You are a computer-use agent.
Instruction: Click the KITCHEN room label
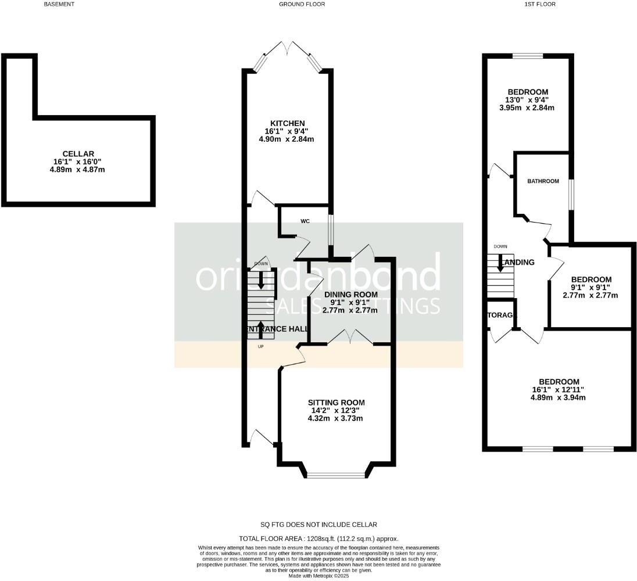[x=287, y=123]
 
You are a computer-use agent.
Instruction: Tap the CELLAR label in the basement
[x=78, y=153]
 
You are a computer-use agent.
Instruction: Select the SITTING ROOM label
[x=336, y=402]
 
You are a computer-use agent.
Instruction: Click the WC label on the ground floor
[x=305, y=221]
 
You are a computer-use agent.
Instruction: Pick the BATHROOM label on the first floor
[x=543, y=181]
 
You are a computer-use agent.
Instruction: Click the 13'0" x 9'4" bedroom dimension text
[x=528, y=100]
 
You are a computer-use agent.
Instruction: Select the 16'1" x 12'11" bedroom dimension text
[x=557, y=389]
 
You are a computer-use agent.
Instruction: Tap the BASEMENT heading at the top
[x=59, y=4]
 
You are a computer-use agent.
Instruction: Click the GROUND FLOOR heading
[x=302, y=4]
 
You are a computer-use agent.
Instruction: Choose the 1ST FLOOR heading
[x=540, y=4]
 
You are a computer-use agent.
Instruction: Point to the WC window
[x=331, y=231]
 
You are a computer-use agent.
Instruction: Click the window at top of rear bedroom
[x=528, y=56]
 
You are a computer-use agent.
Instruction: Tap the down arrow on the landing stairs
[x=500, y=265]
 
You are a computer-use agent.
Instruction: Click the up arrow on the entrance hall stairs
[x=260, y=327]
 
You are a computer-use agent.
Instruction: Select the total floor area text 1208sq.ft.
[x=319, y=539]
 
